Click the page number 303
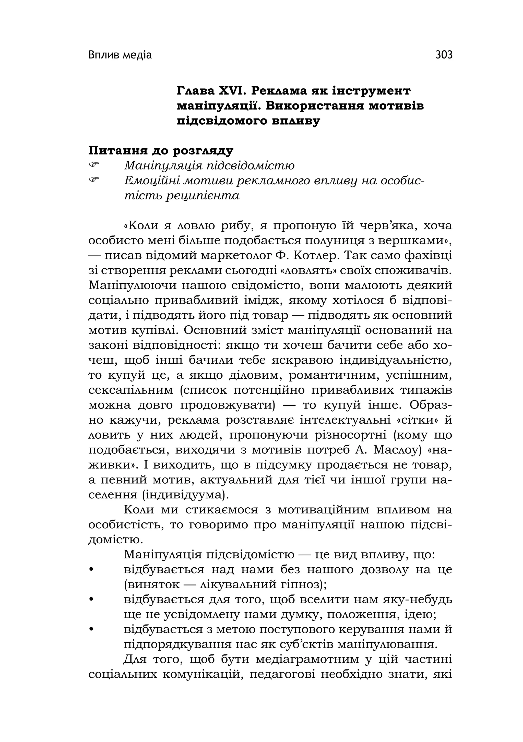[444, 55]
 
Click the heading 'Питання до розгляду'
[161, 151]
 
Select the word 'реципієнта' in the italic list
[203, 196]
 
